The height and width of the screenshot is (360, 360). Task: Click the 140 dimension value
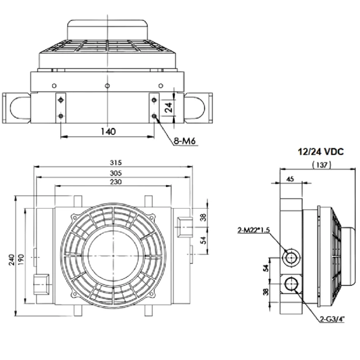point(107,131)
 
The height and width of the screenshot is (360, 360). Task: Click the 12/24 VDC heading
point(320,151)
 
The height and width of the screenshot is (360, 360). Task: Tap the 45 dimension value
point(290,179)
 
